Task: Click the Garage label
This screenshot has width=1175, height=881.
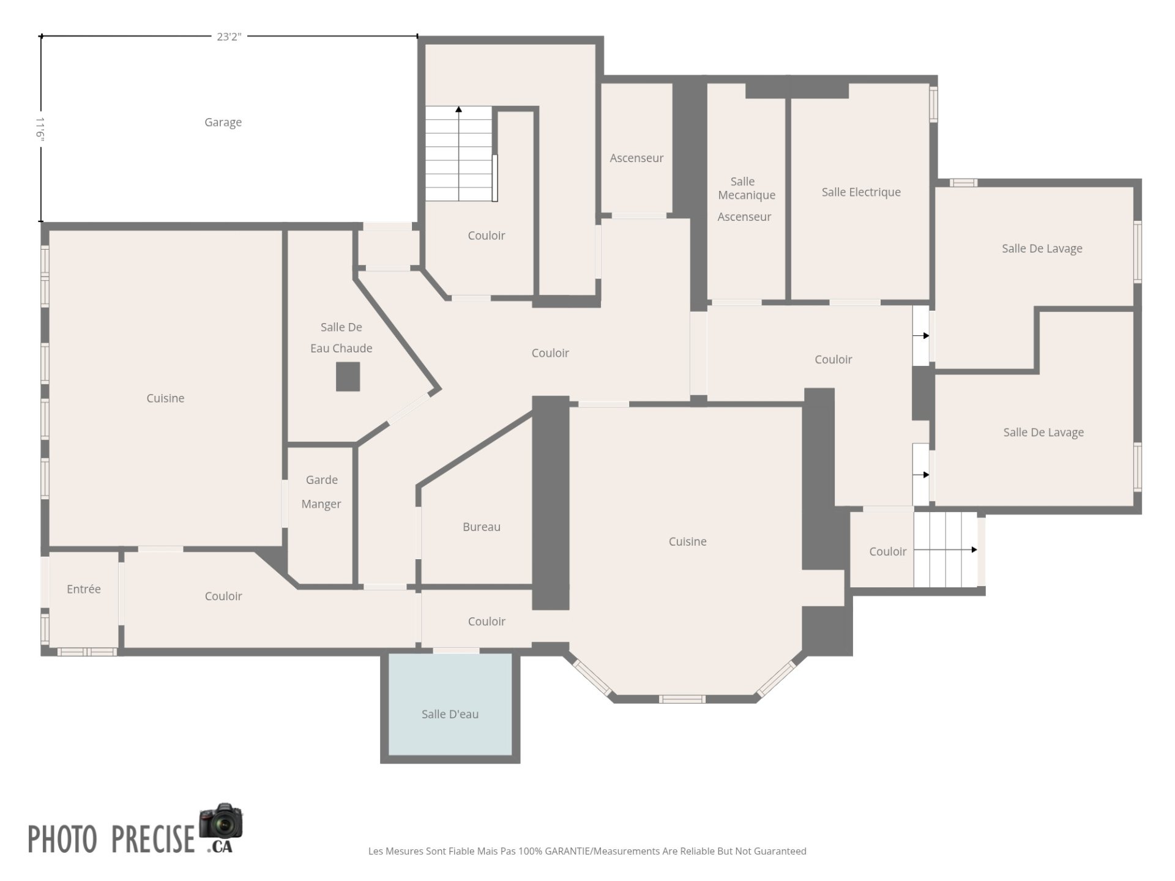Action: point(223,122)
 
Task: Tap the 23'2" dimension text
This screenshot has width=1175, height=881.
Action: point(229,37)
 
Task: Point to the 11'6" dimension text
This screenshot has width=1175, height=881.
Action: point(40,129)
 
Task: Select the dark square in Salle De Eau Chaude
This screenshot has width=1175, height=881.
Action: point(348,377)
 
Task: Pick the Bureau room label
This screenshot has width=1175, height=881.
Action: point(482,527)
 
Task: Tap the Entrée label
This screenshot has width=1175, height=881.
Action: point(84,589)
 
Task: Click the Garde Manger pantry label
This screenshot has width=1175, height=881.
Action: point(321,492)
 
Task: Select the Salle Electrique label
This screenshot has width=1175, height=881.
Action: point(861,192)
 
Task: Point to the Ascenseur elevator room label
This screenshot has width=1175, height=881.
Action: point(636,158)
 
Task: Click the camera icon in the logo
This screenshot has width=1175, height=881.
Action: point(221,821)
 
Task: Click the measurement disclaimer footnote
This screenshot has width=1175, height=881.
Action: point(587,851)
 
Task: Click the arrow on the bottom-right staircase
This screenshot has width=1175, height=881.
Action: point(946,549)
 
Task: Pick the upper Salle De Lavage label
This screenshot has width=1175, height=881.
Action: point(1042,248)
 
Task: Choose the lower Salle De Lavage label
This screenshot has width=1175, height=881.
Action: point(1043,432)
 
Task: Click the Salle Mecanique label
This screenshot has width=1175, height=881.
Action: point(747,188)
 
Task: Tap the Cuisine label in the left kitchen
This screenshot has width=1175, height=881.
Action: point(165,398)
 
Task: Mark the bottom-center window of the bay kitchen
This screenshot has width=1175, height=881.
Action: point(682,699)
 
